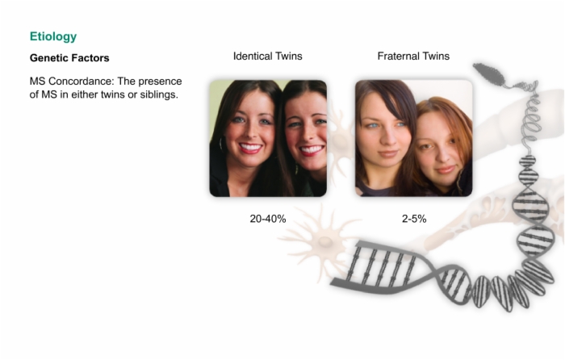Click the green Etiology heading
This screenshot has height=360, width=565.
point(53,36)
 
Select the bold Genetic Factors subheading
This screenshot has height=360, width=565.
point(69,58)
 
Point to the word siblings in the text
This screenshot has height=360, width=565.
point(160,94)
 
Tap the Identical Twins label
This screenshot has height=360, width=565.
point(268,57)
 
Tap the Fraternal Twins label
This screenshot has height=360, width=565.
point(413,57)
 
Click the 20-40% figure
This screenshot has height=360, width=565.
point(268,219)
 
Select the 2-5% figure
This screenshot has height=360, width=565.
point(414,219)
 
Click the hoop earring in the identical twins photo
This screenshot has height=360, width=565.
point(220,144)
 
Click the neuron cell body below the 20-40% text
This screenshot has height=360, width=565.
point(325,242)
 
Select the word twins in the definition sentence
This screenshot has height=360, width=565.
point(112,94)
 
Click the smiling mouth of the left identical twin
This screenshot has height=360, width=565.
point(250,148)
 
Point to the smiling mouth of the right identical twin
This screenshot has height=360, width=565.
point(311,149)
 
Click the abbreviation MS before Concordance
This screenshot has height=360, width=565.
point(37,81)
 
